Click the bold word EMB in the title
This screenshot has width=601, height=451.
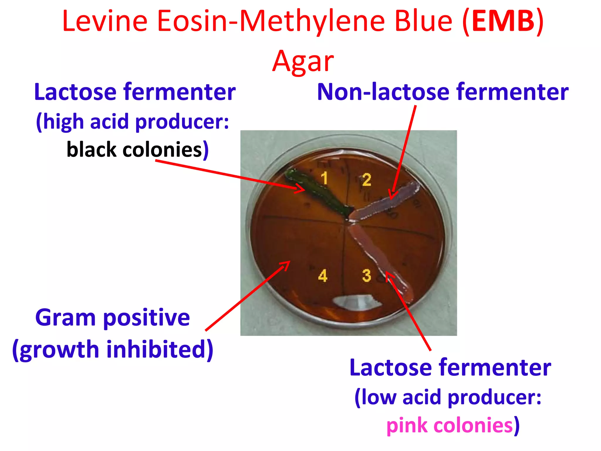(x=503, y=21)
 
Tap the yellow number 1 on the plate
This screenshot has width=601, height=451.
(x=324, y=178)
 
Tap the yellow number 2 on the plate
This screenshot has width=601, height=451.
(x=367, y=180)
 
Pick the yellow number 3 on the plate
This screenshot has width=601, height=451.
(x=367, y=275)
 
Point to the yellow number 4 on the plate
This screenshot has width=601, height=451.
(x=323, y=276)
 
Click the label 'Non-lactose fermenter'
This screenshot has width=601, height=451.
(x=443, y=92)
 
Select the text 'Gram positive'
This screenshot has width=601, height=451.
(x=112, y=318)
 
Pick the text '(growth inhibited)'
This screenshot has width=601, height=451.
(x=112, y=349)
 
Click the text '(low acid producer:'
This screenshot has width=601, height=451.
(x=448, y=397)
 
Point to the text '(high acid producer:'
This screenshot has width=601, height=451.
(x=133, y=122)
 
